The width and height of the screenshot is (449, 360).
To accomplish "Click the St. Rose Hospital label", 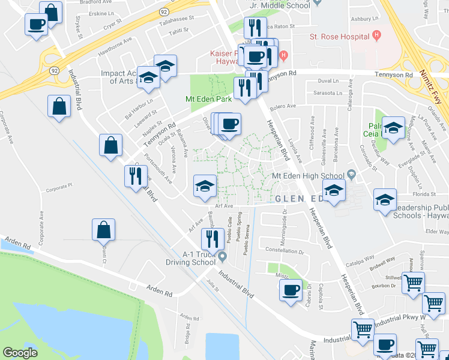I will click(339, 37).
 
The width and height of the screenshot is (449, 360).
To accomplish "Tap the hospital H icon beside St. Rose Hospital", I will click(376, 35).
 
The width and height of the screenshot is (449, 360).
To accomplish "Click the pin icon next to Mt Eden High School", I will click(351, 175).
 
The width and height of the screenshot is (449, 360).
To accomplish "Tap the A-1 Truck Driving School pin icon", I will click(223, 257).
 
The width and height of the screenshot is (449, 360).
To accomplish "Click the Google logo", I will click(20, 353).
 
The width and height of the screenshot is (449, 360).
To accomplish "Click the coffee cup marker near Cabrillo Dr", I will click(291, 290).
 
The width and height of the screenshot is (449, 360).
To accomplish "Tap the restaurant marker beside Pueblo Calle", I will click(211, 239).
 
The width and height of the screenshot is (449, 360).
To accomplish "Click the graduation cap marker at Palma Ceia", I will click(393, 128).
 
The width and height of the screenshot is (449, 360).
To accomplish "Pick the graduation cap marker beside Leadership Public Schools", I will click(385, 200).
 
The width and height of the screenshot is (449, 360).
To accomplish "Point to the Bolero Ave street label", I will click(283, 106).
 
